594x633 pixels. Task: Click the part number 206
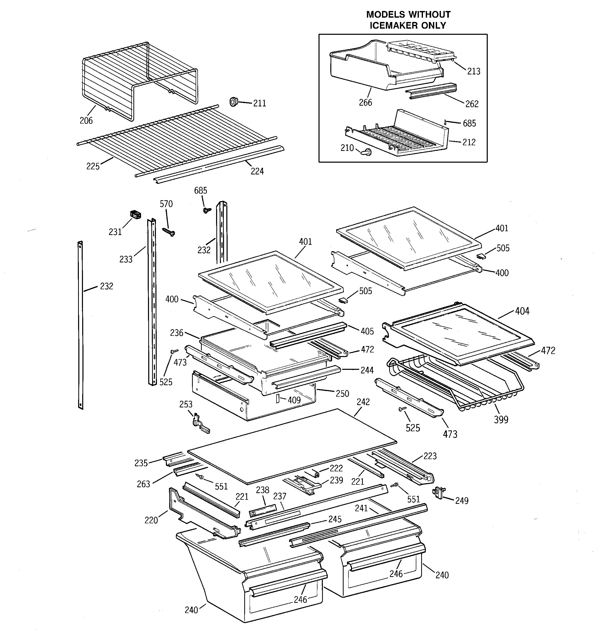86,120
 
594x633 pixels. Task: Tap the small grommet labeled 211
234,102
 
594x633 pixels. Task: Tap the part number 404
522,311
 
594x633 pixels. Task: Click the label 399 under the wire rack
501,420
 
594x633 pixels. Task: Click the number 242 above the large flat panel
363,402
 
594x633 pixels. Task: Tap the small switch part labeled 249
438,493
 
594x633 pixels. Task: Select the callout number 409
294,400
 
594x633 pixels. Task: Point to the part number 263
143,484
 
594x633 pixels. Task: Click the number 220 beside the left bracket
151,520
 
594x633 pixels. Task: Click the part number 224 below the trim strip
257,171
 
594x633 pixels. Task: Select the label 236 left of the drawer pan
176,333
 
